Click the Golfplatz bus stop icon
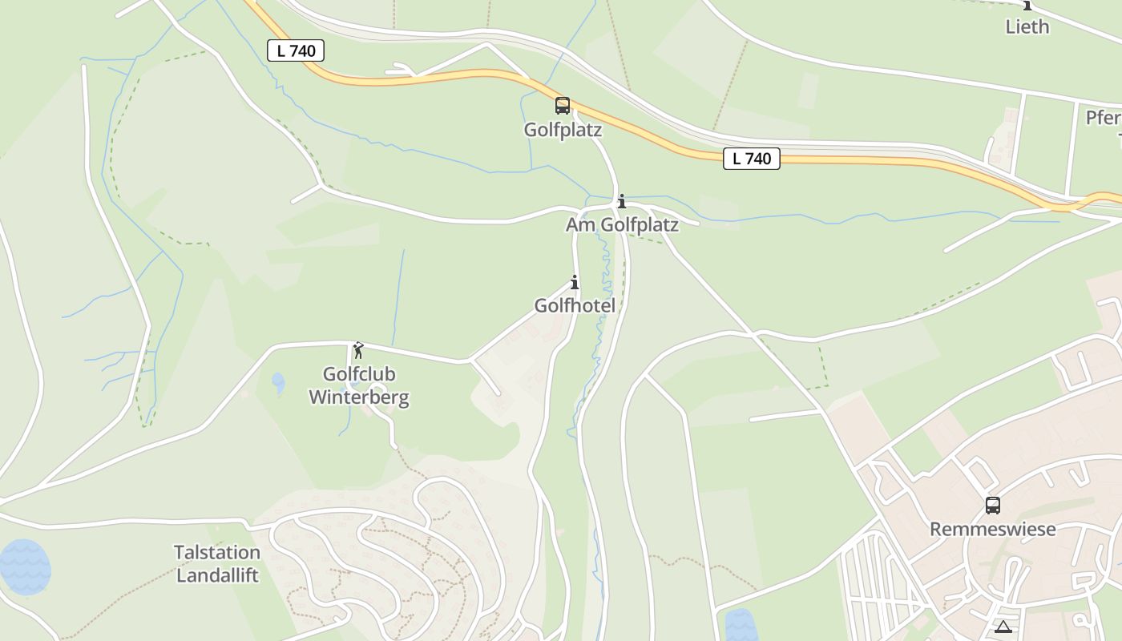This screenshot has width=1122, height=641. tap(563, 105)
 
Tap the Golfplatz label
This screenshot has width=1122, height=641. tap(563, 130)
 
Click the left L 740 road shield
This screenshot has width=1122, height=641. tap(295, 50)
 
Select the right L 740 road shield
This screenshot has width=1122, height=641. tap(751, 159)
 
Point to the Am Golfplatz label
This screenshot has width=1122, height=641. tap(622, 225)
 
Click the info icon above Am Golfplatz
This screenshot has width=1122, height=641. tap(621, 201)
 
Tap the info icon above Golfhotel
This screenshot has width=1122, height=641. tap(575, 282)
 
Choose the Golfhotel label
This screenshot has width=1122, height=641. tap(575, 306)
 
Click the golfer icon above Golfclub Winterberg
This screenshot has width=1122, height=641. tap(358, 350)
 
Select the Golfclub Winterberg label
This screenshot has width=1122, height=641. tap(359, 385)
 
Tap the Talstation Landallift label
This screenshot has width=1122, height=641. tap(217, 563)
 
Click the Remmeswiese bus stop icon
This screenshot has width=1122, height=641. tap(992, 506)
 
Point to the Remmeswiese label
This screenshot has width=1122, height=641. tap(992, 530)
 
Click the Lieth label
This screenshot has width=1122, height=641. tap(1027, 26)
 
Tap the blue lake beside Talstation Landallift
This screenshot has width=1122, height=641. tap(24, 566)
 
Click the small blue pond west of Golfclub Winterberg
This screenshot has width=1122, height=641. tap(278, 382)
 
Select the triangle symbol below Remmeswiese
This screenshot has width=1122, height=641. tap(1003, 627)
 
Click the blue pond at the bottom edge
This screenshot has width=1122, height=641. tap(741, 626)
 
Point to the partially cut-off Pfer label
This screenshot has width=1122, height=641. tap(1104, 118)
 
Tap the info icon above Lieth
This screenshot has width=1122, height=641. tap(1027, 5)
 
